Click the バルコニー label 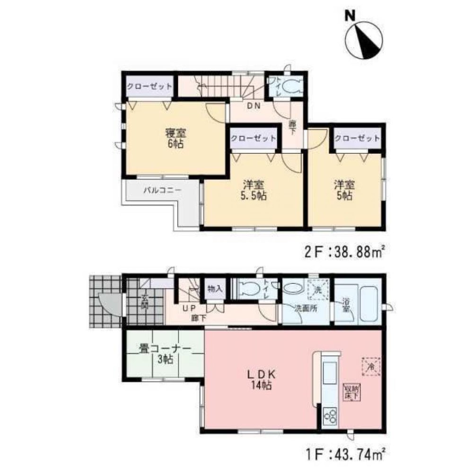[160, 191]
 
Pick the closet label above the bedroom [148, 88]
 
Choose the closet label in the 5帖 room [357, 139]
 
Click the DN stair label [254, 106]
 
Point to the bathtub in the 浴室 [369, 303]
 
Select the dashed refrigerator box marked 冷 [371, 366]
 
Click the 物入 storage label [215, 289]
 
